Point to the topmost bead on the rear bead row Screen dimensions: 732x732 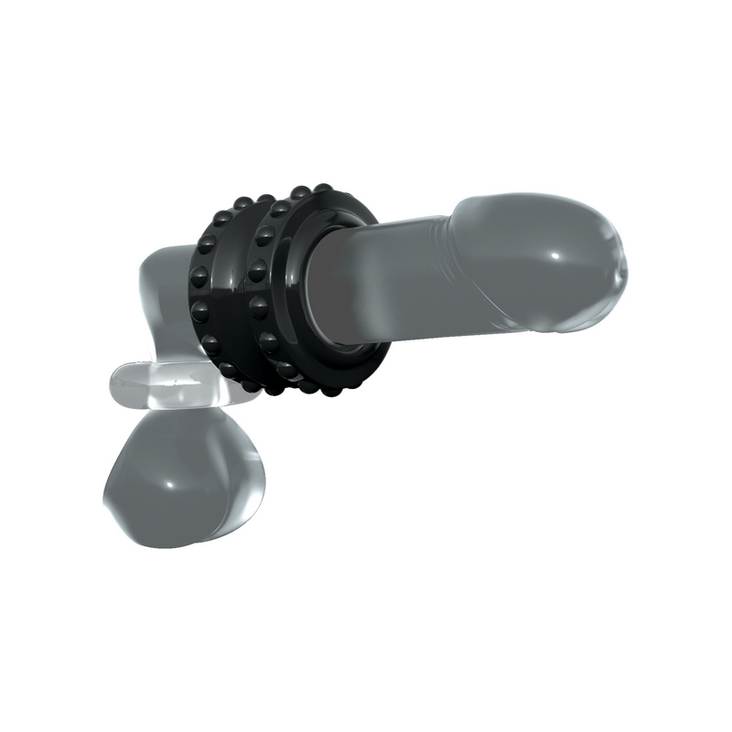click(243, 200)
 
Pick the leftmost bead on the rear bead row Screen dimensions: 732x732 click(194, 274)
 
